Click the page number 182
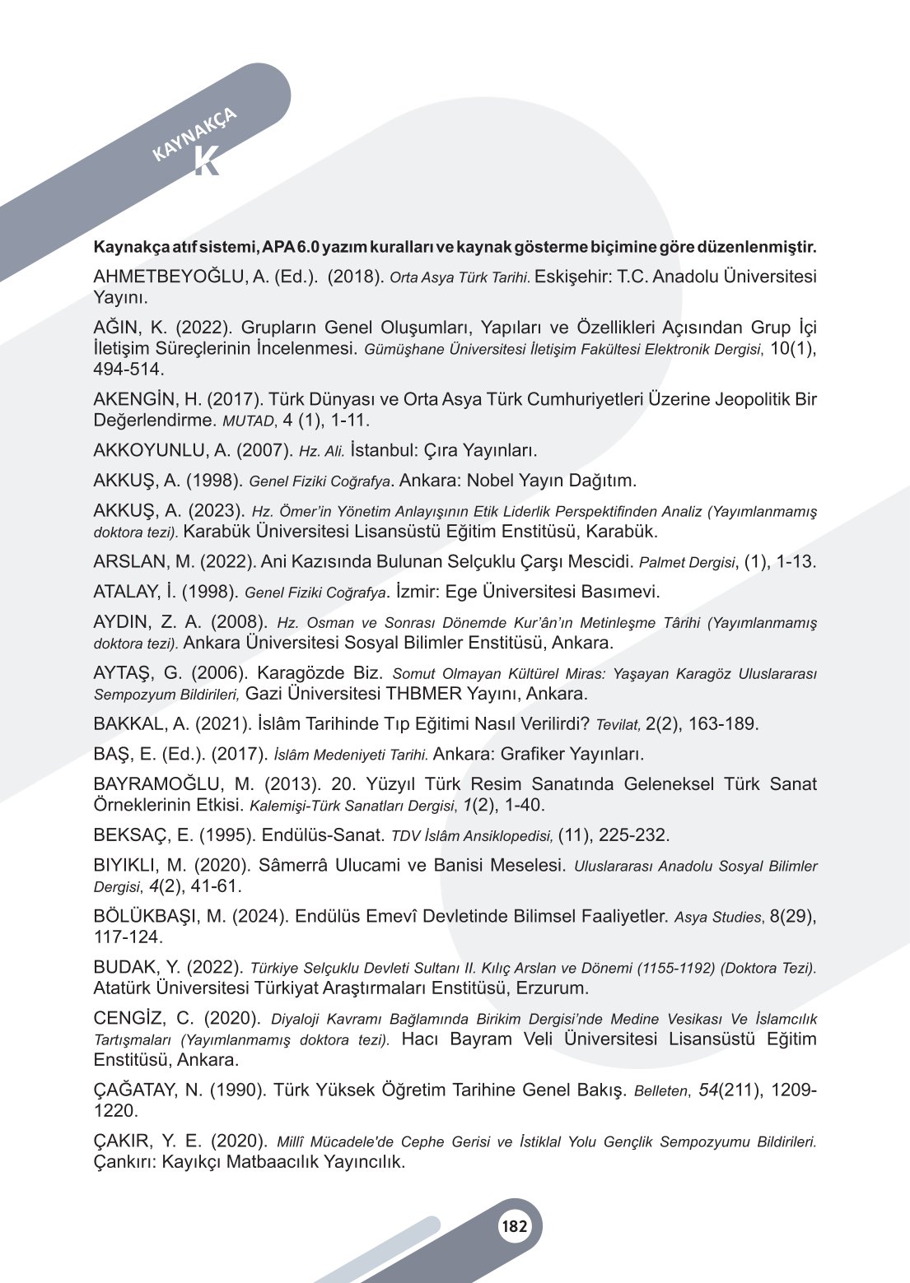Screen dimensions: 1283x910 514,1227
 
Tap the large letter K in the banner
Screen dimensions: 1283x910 207,162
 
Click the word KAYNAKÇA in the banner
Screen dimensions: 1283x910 195,133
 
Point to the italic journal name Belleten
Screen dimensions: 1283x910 660,1091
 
